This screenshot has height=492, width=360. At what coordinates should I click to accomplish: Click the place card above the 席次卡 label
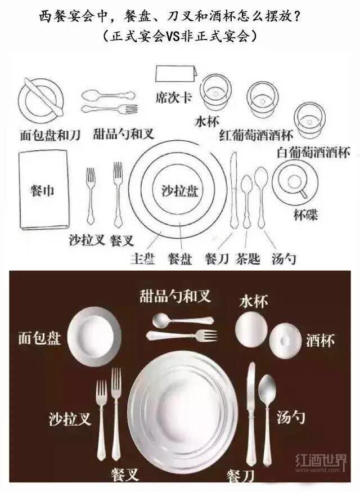[x=176, y=74]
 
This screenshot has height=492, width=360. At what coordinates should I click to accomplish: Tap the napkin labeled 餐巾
[x=44, y=190]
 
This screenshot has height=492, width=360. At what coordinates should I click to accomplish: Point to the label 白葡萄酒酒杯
[x=313, y=152]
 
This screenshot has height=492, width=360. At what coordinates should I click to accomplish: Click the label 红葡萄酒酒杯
[x=256, y=135]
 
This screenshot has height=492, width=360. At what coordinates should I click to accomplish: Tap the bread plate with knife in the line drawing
[x=40, y=98]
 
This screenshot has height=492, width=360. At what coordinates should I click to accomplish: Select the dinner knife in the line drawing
[x=234, y=190]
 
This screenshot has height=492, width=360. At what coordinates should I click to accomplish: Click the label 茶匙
[x=247, y=259]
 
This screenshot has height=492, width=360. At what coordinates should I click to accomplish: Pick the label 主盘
[x=143, y=259]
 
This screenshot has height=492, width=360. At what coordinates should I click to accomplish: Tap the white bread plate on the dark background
[x=94, y=337]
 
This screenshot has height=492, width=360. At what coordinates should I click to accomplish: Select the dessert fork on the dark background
[x=182, y=336]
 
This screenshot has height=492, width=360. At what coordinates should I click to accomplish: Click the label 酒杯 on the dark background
[x=320, y=341]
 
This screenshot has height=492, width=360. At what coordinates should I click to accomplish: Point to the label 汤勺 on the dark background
[x=290, y=417]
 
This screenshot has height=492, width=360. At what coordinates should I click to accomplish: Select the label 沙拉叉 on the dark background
[x=70, y=419]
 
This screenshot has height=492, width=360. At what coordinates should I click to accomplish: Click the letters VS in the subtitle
[x=172, y=37]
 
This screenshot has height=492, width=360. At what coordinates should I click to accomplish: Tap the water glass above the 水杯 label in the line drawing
[x=215, y=91]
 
